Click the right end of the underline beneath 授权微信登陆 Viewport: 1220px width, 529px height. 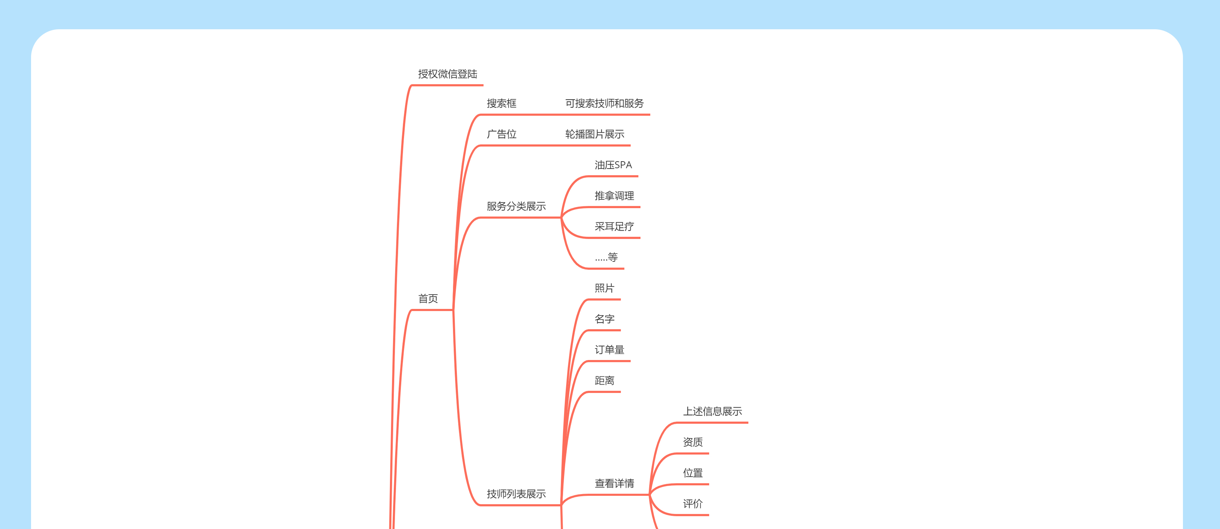pos(483,85)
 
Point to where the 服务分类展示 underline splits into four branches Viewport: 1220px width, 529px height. pos(561,218)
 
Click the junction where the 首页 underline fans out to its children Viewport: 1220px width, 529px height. pos(453,310)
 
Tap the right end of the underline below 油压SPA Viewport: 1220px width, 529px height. pos(638,176)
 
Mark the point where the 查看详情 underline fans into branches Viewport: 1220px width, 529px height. pos(649,495)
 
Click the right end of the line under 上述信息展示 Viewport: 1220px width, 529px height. pos(747,422)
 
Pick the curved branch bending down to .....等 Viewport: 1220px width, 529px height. pos(570,251)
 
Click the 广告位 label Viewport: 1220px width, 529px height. pos(502,134)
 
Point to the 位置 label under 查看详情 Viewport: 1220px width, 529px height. pos(693,473)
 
